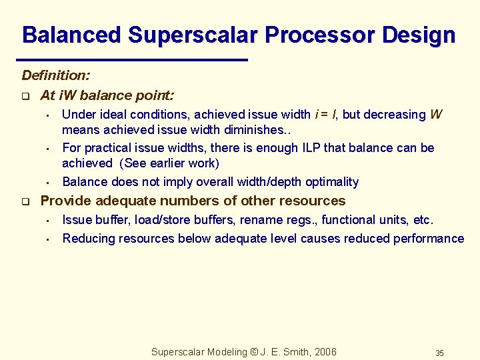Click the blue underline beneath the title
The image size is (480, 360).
(134, 60)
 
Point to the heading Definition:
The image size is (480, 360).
(56, 77)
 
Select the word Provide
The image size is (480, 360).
(66, 201)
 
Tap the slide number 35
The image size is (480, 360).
(439, 353)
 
